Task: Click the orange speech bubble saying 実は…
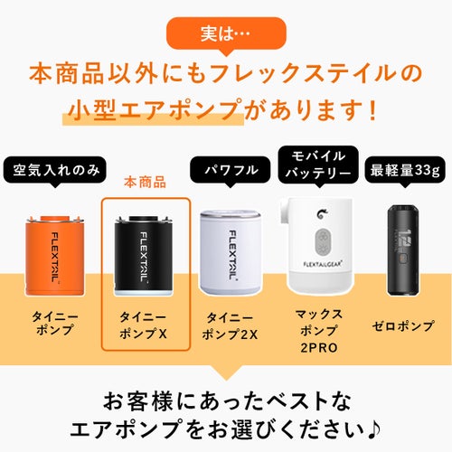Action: pyautogui.click(x=226, y=33)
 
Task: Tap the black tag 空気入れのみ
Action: pyautogui.click(x=55, y=171)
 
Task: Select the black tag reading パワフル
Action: pyautogui.click(x=231, y=170)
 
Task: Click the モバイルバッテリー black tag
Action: pyautogui.click(x=318, y=165)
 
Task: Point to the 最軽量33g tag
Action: pyautogui.click(x=405, y=170)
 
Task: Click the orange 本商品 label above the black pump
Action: pyautogui.click(x=146, y=183)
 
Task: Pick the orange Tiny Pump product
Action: pyautogui.click(x=54, y=256)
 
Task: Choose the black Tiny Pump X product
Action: pyautogui.click(x=144, y=256)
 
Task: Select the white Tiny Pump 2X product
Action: pyautogui.click(x=231, y=253)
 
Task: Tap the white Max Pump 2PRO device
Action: pyautogui.click(x=318, y=246)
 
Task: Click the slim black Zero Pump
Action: pyautogui.click(x=403, y=250)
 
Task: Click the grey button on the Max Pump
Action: pyautogui.click(x=323, y=241)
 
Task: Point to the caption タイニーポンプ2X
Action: pyautogui.click(x=230, y=325)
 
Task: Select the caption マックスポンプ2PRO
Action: pyautogui.click(x=319, y=331)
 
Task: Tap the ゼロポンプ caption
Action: pyautogui.click(x=403, y=326)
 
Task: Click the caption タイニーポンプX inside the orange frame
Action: pyautogui.click(x=143, y=325)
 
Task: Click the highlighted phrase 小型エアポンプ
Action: pyautogui.click(x=155, y=109)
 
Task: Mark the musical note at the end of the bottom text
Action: pyautogui.click(x=374, y=428)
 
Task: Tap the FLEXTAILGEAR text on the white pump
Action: pyautogui.click(x=323, y=264)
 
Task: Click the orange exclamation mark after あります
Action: pyautogui.click(x=373, y=109)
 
